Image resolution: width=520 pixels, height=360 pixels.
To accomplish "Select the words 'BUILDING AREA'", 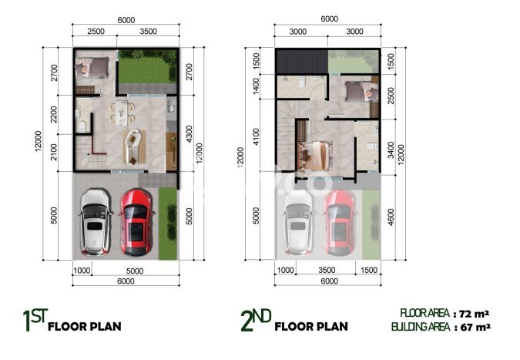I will (421, 326).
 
